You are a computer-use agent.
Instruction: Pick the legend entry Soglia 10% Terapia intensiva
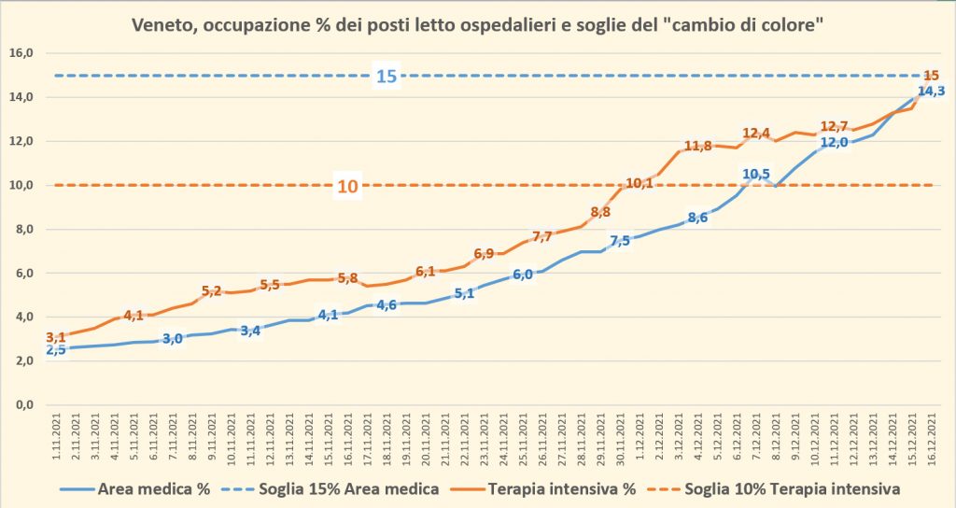tap(792, 488)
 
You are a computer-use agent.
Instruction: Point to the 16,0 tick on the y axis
tap(21, 53)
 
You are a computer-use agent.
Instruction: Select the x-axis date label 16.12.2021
tap(935, 440)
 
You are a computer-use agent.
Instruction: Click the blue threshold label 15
tap(387, 76)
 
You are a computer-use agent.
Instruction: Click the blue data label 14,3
tap(931, 92)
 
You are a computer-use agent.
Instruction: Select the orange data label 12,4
tap(756, 134)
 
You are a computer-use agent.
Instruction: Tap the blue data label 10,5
tap(756, 174)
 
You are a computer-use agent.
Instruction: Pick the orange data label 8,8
tap(601, 212)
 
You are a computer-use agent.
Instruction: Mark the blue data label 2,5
tap(56, 349)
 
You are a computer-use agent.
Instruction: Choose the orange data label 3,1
tap(56, 337)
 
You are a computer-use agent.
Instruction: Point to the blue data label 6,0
tap(523, 275)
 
